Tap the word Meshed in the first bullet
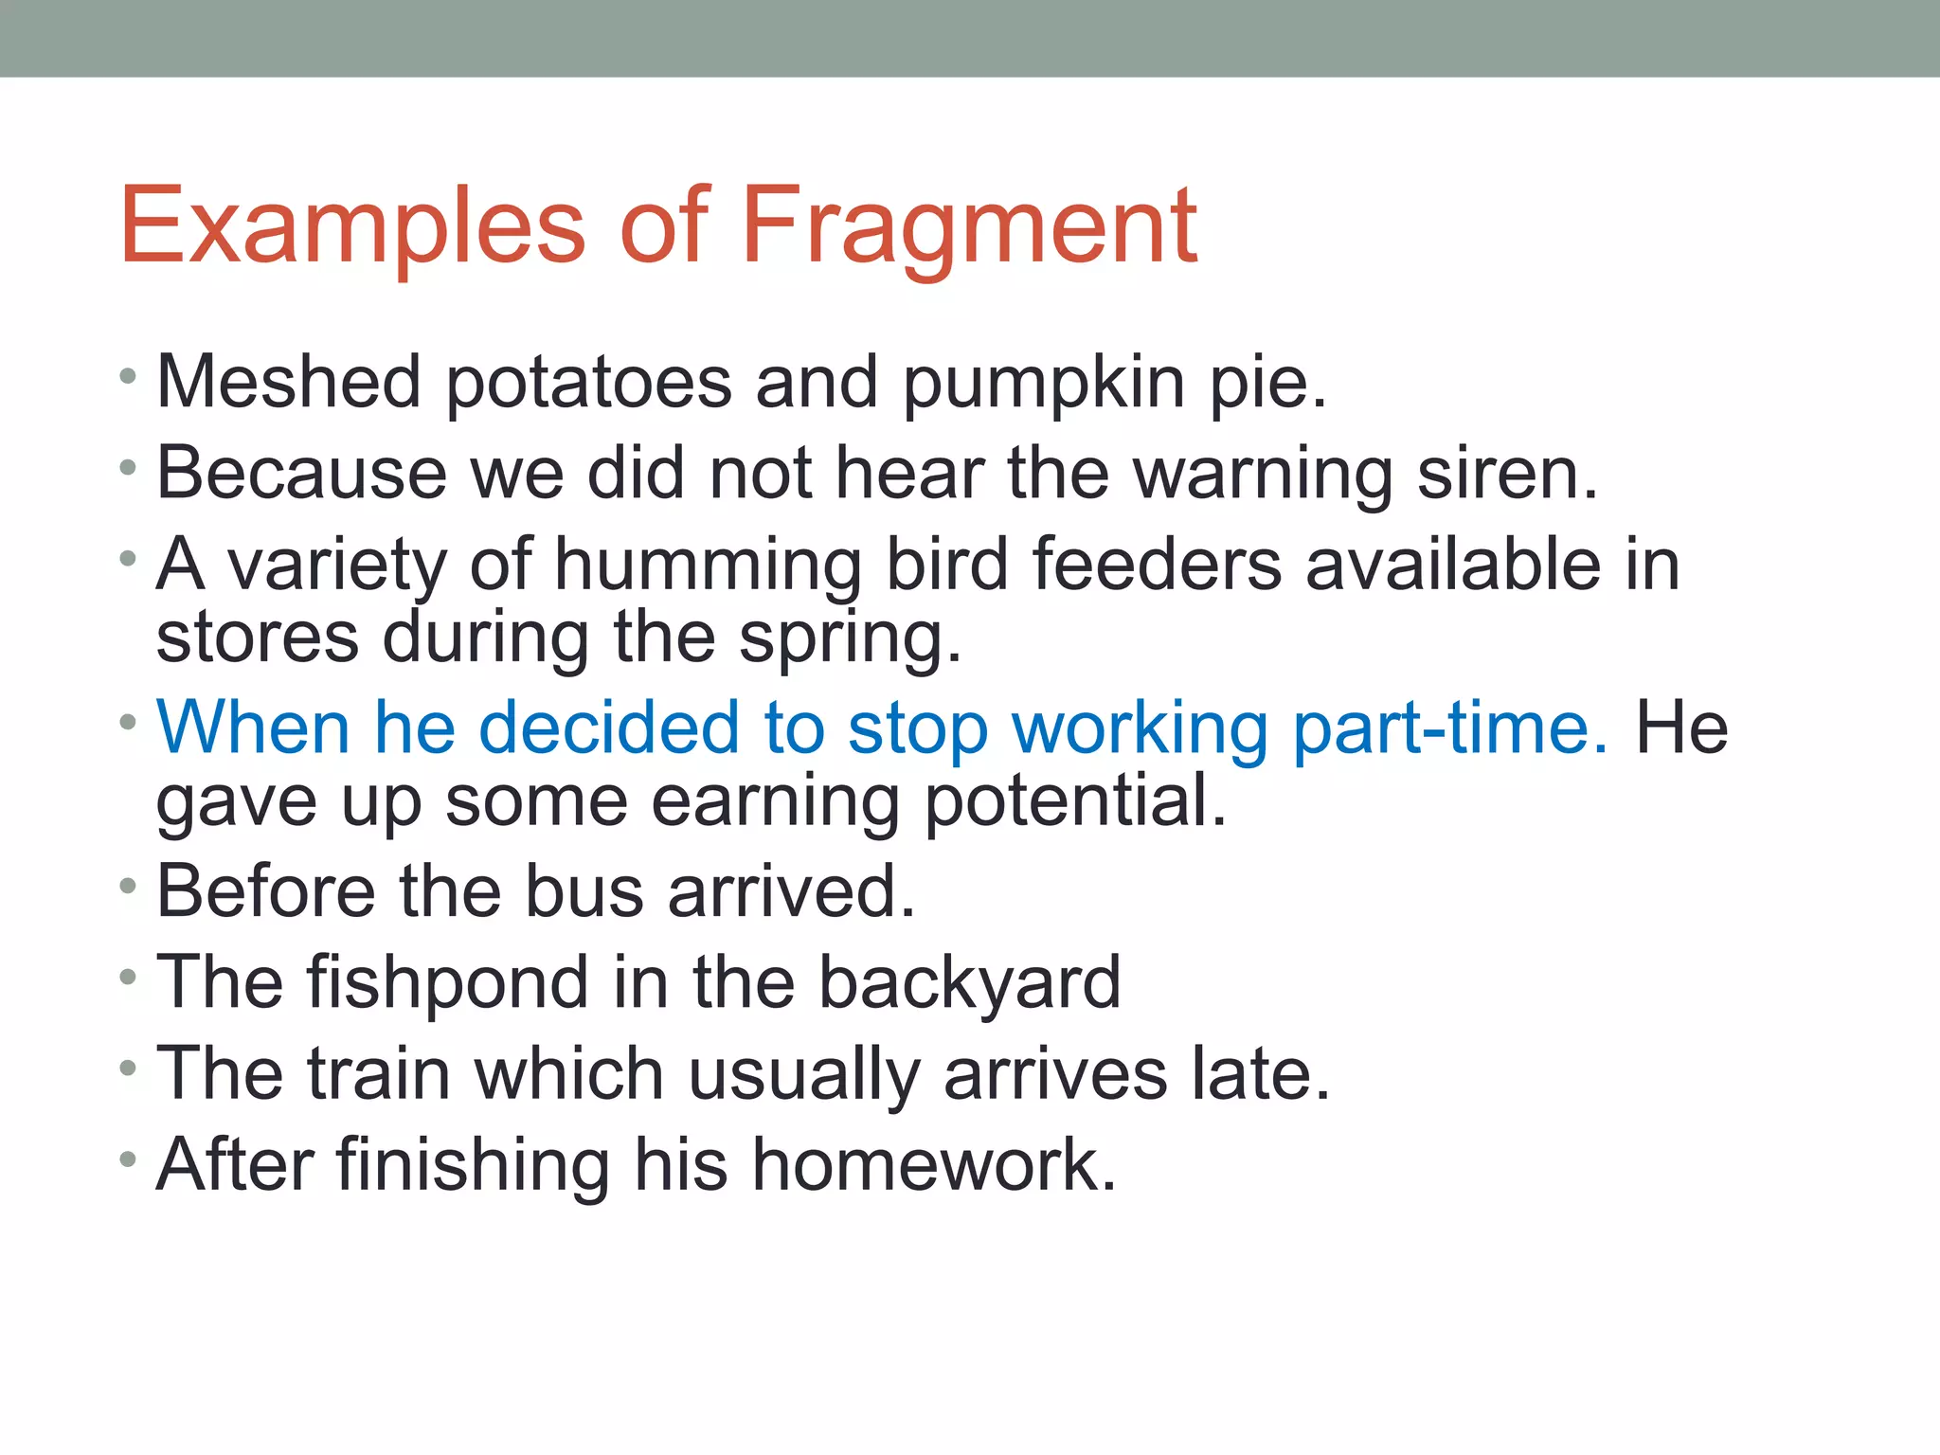[289, 383]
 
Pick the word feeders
[1156, 565]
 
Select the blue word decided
[609, 727]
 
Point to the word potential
[1075, 801]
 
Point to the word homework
[934, 1165]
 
